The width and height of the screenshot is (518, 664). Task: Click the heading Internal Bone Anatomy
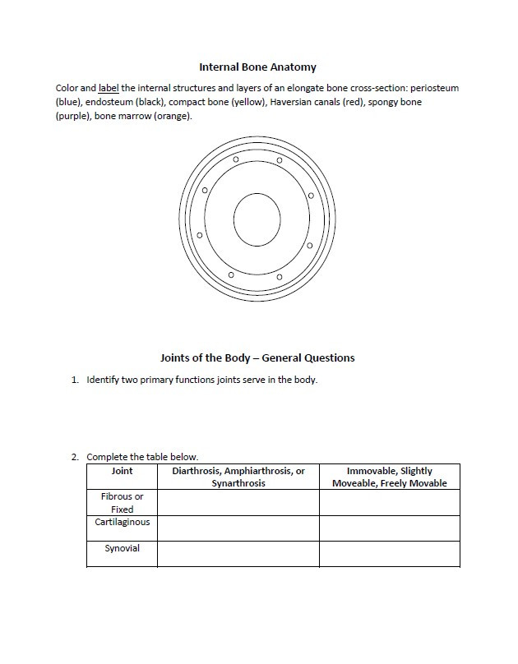click(257, 67)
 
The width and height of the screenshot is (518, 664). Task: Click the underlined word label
click(109, 88)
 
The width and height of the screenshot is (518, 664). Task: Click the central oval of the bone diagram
click(257, 219)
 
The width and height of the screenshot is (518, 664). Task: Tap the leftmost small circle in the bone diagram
click(199, 235)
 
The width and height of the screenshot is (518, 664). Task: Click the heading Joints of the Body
click(257, 357)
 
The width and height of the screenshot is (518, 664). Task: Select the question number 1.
click(74, 380)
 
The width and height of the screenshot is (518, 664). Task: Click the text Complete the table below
click(142, 457)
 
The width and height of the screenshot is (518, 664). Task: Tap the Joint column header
click(122, 472)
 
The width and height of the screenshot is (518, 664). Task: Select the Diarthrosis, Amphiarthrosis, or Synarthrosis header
click(238, 477)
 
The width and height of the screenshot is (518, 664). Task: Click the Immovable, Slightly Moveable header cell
click(389, 477)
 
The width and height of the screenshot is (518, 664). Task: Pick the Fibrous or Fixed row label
click(122, 503)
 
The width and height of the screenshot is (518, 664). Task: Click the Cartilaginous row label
click(122, 523)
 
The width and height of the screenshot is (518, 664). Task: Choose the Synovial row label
click(122, 549)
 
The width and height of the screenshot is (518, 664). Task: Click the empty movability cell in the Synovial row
click(389, 554)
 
